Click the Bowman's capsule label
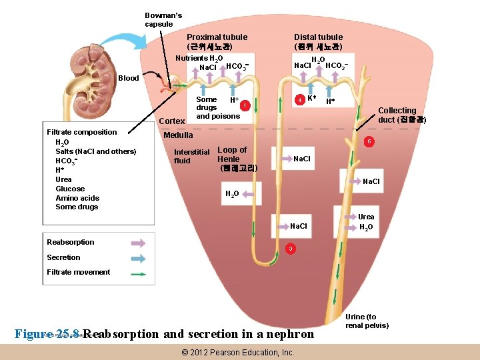(x=163, y=20)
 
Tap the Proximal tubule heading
(x=217, y=42)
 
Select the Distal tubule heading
(x=318, y=42)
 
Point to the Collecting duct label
(x=398, y=115)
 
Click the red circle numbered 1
(x=245, y=105)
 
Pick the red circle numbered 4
(x=301, y=100)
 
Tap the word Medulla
(x=178, y=135)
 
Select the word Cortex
(x=173, y=121)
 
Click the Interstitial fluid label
(x=191, y=156)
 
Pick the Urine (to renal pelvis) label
(x=367, y=321)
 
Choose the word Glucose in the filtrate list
(x=70, y=189)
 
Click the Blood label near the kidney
(x=128, y=78)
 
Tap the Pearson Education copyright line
(x=238, y=352)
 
